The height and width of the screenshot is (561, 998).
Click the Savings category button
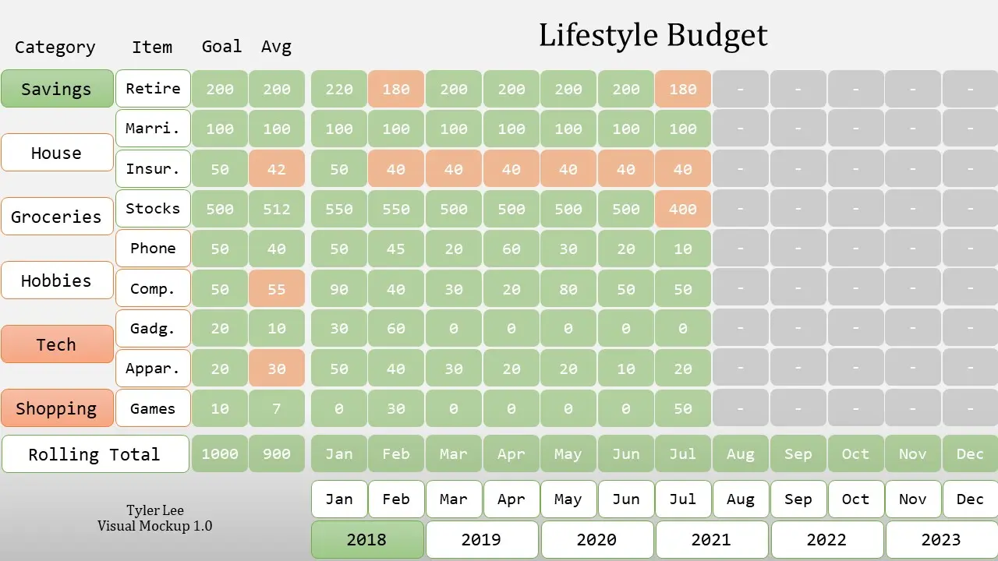[57, 89]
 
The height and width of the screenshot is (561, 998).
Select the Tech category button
[57, 344]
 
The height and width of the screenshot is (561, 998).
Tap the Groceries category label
[57, 217]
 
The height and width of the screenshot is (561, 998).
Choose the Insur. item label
[153, 169]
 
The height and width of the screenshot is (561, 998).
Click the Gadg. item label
[153, 329]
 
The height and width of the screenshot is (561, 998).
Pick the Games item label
[153, 408]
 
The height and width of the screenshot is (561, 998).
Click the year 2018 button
[366, 539]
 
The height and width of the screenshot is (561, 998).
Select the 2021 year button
[711, 539]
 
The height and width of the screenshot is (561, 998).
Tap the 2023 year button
[941, 539]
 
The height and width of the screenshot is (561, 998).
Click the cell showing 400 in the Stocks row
[683, 209]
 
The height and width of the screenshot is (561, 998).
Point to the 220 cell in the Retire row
[339, 89]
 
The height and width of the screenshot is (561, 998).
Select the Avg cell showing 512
[277, 209]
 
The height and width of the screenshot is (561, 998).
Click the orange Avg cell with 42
[277, 169]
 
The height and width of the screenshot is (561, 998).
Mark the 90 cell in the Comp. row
[339, 289]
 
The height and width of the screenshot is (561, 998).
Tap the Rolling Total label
[95, 454]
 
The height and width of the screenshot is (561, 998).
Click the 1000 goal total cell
[220, 454]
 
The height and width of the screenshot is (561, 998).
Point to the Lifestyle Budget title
[653, 36]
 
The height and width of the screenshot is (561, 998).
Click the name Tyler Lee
[155, 510]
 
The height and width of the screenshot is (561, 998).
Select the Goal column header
[221, 47]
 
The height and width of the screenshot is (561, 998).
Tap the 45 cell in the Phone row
[396, 249]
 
